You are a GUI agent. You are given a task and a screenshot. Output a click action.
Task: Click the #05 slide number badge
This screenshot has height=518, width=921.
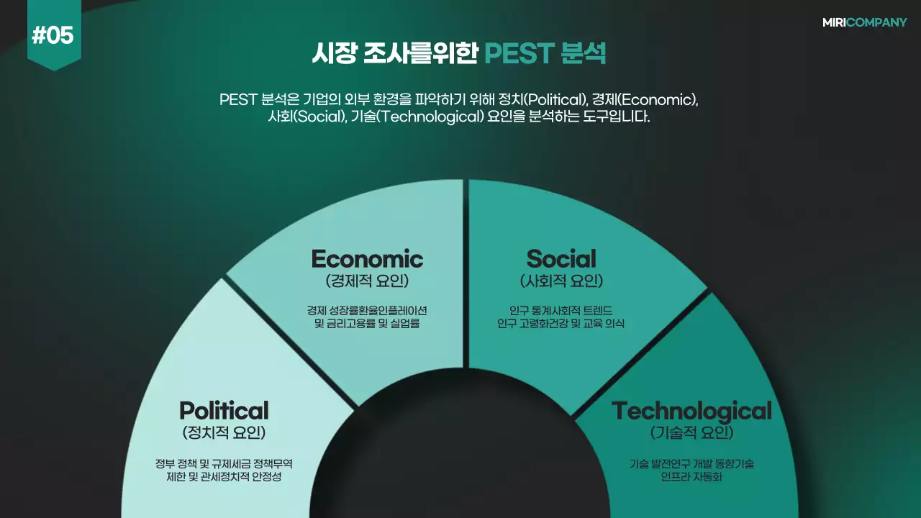coord(53,35)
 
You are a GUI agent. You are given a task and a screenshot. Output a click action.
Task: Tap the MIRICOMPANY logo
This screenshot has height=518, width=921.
coord(864,22)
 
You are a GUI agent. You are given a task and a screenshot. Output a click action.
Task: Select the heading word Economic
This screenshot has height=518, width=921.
coord(367,259)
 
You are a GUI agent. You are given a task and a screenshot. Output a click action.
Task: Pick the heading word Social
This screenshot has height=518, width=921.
coord(561,259)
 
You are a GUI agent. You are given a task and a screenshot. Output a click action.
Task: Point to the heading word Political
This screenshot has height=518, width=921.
coord(224,411)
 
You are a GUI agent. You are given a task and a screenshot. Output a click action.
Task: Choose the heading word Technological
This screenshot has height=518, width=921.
coord(691,411)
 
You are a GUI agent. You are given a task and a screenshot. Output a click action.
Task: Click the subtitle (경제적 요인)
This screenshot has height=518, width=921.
coord(367,281)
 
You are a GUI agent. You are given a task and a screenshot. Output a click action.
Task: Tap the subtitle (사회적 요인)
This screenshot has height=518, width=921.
coord(561,281)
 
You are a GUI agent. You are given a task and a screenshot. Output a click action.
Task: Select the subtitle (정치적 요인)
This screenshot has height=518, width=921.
coord(224,433)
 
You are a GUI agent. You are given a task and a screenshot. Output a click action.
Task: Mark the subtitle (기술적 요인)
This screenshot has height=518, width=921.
coord(691,433)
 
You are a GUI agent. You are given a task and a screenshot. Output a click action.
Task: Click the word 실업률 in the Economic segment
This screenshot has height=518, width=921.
coord(404,324)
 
